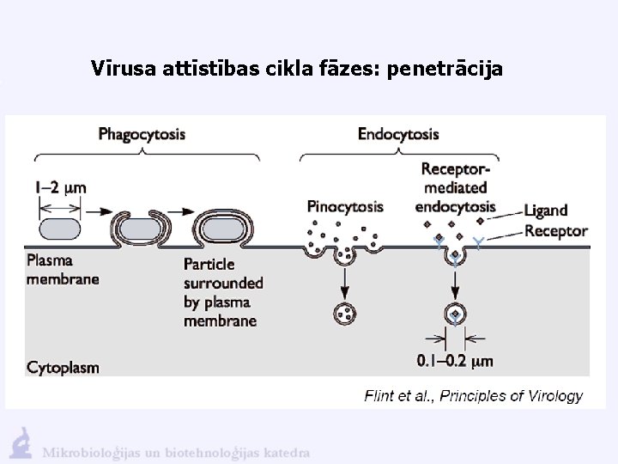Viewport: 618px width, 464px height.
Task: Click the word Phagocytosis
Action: coord(142,134)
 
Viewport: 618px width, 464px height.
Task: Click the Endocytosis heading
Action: coord(398,134)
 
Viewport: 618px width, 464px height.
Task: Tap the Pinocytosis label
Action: coord(345,206)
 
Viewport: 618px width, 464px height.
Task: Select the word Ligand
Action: coord(546,211)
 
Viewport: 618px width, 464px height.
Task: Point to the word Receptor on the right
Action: coord(556,230)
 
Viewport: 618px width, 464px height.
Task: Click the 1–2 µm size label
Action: coord(62,186)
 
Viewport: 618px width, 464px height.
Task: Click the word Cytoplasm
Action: coord(63,367)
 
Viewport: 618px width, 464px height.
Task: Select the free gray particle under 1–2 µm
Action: coord(60,229)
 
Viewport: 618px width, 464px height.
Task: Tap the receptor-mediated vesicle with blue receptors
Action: coord(454,314)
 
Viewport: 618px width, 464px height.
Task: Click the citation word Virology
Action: coord(554,396)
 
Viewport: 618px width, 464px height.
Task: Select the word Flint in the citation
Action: coord(379,396)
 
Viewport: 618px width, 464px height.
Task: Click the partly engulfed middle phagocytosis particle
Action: coord(145,230)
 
